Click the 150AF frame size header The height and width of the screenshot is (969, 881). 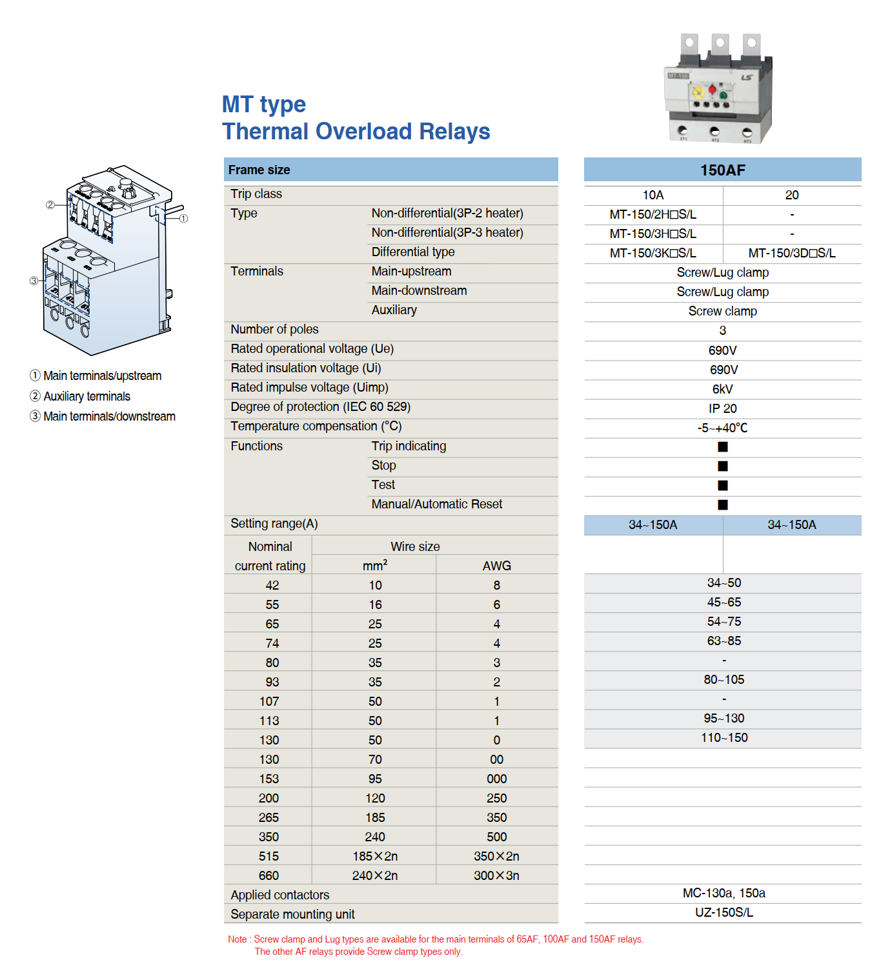coord(722,170)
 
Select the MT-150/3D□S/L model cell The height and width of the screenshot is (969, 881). coord(791,254)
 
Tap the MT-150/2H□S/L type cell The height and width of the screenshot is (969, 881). coord(653,215)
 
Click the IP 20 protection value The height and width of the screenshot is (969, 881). coord(722,409)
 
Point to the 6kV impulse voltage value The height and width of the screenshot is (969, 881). coord(722,390)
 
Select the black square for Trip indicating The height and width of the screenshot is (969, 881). coord(723,447)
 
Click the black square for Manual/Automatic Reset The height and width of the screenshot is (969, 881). coord(723,505)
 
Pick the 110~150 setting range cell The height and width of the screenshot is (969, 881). coord(724,738)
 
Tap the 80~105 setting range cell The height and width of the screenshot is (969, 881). coord(724,680)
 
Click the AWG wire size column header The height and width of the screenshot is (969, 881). coord(496,566)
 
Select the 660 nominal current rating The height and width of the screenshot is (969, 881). coord(268,876)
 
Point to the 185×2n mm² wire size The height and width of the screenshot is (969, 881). coord(375,857)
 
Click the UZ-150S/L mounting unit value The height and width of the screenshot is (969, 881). coord(724,913)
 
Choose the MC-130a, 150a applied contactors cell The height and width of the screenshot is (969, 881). coord(724,894)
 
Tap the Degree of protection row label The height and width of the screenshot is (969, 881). coord(320,407)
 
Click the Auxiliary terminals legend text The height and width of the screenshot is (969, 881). coord(86,397)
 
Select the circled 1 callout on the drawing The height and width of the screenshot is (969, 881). coord(183,219)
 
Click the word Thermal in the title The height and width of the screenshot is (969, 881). coord(265,132)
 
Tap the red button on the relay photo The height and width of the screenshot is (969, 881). coord(713,89)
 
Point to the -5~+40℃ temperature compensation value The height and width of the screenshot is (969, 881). coord(722,428)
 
